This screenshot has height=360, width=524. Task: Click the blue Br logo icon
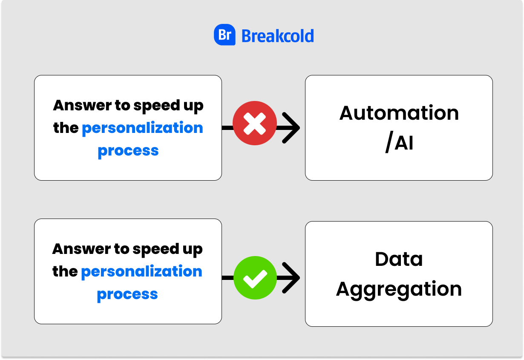[225, 35]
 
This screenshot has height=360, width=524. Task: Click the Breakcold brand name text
[278, 36]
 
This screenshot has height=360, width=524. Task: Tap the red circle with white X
[255, 123]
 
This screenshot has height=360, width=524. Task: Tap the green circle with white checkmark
[255, 278]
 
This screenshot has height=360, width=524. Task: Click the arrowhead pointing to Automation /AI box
[291, 128]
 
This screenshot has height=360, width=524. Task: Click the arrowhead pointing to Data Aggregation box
[291, 278]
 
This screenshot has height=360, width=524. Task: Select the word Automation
[399, 113]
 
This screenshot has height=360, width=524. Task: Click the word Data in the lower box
[399, 259]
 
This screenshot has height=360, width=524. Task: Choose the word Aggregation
[399, 290]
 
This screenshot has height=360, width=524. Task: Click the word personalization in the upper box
[142, 128]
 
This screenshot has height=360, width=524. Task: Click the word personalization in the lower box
[141, 271]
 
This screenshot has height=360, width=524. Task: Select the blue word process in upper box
[128, 151]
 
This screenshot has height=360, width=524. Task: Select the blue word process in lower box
[127, 295]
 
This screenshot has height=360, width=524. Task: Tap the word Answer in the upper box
[82, 105]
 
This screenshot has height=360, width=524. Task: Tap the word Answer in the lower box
[82, 249]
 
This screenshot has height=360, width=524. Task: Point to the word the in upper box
[66, 128]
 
